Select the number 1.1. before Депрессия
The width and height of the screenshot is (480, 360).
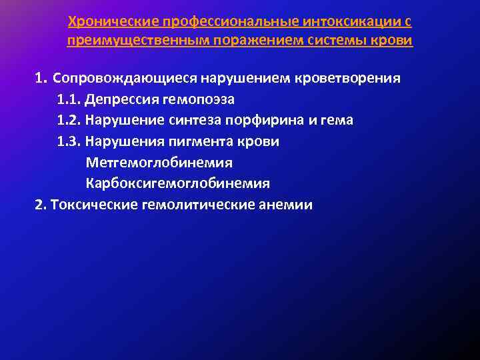[69, 99]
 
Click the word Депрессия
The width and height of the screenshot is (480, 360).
[121, 99]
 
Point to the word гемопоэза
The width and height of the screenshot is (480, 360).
[197, 99]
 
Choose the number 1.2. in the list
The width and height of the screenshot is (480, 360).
[69, 121]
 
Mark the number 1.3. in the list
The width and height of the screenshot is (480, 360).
[69, 141]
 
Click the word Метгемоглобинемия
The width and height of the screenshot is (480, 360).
[159, 162]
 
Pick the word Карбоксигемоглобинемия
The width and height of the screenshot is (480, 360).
[177, 183]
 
